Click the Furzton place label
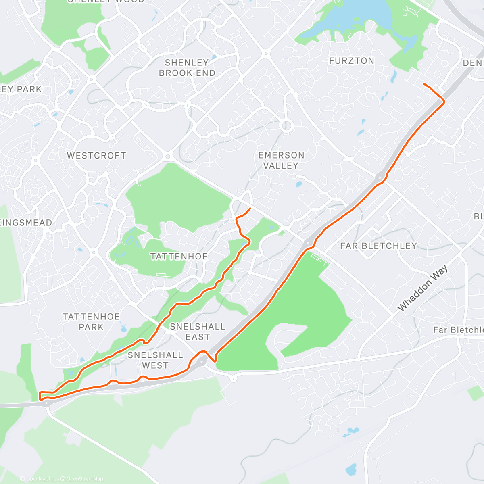pos(352,61)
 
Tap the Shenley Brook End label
pos(187,68)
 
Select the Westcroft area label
pos(96,156)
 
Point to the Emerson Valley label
pos(281,161)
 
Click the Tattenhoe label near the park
pos(179,257)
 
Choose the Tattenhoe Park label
pos(91,322)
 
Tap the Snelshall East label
pos(198,332)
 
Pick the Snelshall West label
pos(155,360)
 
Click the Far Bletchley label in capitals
pos(378,246)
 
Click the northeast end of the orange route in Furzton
pos(423,83)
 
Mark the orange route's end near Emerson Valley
pos(250,209)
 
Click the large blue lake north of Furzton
pos(355,18)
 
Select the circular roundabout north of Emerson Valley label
pos(286,126)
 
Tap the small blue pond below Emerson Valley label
pos(299,185)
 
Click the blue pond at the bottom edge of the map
pos(351,469)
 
